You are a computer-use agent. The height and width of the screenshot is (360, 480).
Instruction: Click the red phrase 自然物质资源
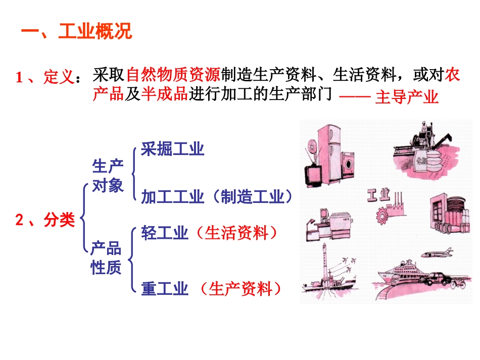(x=173, y=76)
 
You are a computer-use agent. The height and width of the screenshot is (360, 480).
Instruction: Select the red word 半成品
(x=163, y=94)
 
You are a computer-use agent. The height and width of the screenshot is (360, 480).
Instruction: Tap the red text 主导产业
(x=406, y=97)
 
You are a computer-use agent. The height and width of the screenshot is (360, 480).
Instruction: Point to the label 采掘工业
(x=172, y=149)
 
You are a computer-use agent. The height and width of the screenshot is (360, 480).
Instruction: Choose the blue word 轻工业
(x=165, y=233)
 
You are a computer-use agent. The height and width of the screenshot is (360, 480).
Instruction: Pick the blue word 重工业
(x=165, y=289)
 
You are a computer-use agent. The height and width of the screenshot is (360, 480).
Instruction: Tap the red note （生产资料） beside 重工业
(x=239, y=289)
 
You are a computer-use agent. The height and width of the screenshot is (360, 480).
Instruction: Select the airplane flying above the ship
(x=437, y=253)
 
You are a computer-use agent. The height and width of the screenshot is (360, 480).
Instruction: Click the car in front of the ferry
(x=437, y=278)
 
